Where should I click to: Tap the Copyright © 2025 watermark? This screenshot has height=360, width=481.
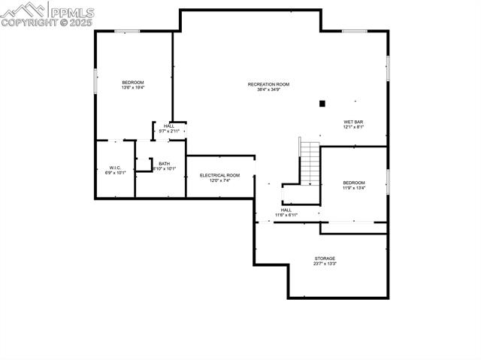click(x=47, y=23)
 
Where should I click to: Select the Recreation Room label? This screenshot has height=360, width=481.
click(x=268, y=84)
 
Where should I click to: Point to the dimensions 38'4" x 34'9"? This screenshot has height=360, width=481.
click(x=268, y=90)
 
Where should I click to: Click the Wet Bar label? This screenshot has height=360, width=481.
click(x=353, y=122)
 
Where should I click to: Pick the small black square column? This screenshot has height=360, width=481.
click(x=322, y=104)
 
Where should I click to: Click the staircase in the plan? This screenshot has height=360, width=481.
click(x=310, y=160)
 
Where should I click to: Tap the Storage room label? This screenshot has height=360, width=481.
click(x=325, y=259)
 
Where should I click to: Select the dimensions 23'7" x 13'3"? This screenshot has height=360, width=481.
click(x=325, y=264)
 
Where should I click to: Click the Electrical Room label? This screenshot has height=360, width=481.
click(x=219, y=175)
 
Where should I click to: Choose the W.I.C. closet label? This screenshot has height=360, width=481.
click(x=115, y=168)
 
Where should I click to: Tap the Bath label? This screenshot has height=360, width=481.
click(x=164, y=164)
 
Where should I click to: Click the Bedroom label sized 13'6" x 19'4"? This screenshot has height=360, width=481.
click(x=133, y=82)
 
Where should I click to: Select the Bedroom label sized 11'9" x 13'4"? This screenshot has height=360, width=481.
click(x=354, y=183)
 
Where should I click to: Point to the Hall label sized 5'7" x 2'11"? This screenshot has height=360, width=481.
click(x=169, y=126)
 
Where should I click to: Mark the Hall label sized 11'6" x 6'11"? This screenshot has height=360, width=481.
click(x=286, y=210)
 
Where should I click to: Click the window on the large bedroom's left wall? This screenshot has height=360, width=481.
click(x=95, y=81)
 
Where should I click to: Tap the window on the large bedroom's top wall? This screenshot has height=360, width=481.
click(x=127, y=31)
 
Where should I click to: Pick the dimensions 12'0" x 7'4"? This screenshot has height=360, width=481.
click(x=219, y=180)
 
